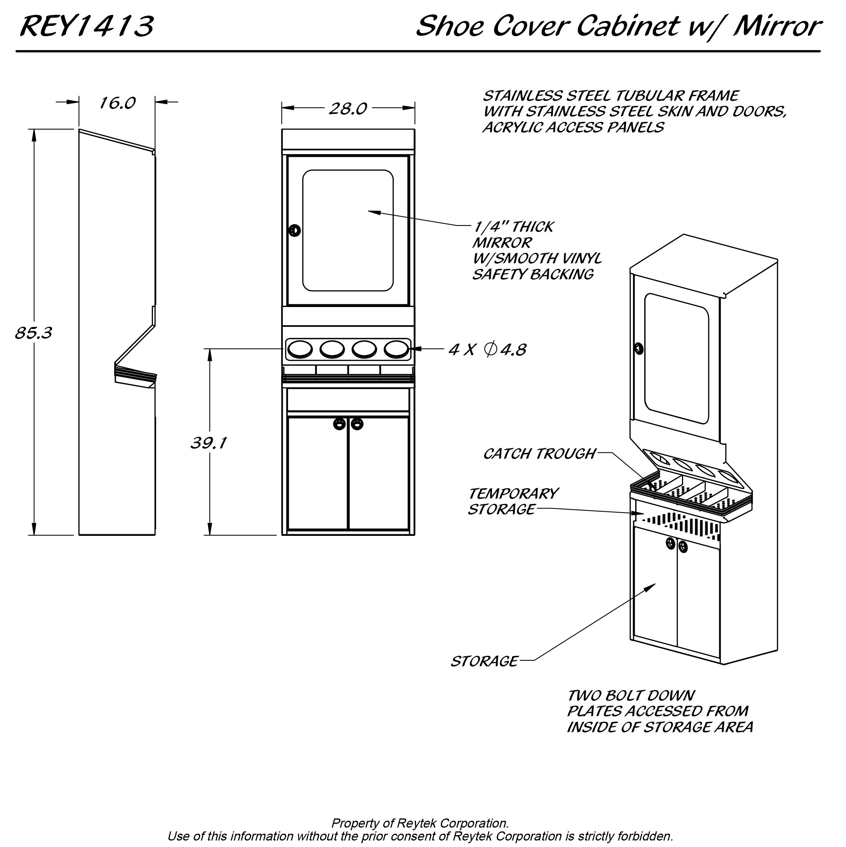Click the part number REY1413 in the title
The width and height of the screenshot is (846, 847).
tap(87, 26)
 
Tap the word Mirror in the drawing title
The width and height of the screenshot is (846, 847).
tap(776, 26)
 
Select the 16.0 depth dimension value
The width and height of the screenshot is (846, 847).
tap(118, 103)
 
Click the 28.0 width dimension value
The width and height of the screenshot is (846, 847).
tap(348, 109)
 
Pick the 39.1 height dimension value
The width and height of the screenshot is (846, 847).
tap(209, 443)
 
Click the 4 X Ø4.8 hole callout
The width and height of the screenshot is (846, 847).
tap(487, 349)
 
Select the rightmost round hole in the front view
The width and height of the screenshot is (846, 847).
tap(397, 349)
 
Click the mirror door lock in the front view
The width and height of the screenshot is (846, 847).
tap(295, 230)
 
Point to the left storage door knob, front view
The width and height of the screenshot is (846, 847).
tap(339, 424)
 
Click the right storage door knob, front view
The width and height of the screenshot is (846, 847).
tap(357, 424)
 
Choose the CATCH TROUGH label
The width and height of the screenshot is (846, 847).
tap(539, 454)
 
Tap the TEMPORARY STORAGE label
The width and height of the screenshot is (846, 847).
tap(513, 502)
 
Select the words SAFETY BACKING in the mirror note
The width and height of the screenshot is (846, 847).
tap(533, 275)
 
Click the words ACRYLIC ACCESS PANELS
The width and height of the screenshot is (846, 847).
tap(574, 128)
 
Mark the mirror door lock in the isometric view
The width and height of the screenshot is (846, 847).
tap(639, 349)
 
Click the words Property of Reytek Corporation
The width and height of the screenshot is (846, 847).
tap(420, 823)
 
